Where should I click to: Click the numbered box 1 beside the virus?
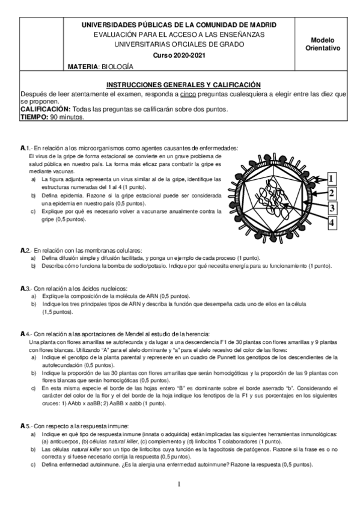click(332, 178)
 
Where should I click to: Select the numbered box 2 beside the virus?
click(332, 193)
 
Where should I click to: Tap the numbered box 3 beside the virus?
click(332, 208)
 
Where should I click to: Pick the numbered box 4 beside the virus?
click(332, 223)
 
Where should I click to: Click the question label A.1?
click(25, 148)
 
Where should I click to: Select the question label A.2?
click(25, 250)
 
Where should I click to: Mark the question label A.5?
click(25, 426)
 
